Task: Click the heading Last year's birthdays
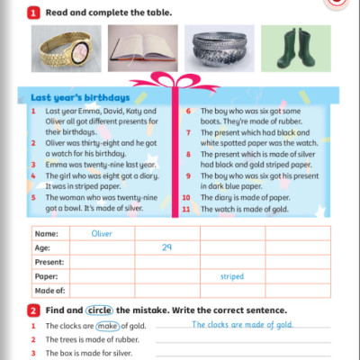click(80, 97)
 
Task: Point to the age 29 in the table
click(166, 247)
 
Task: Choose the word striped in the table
click(232, 277)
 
